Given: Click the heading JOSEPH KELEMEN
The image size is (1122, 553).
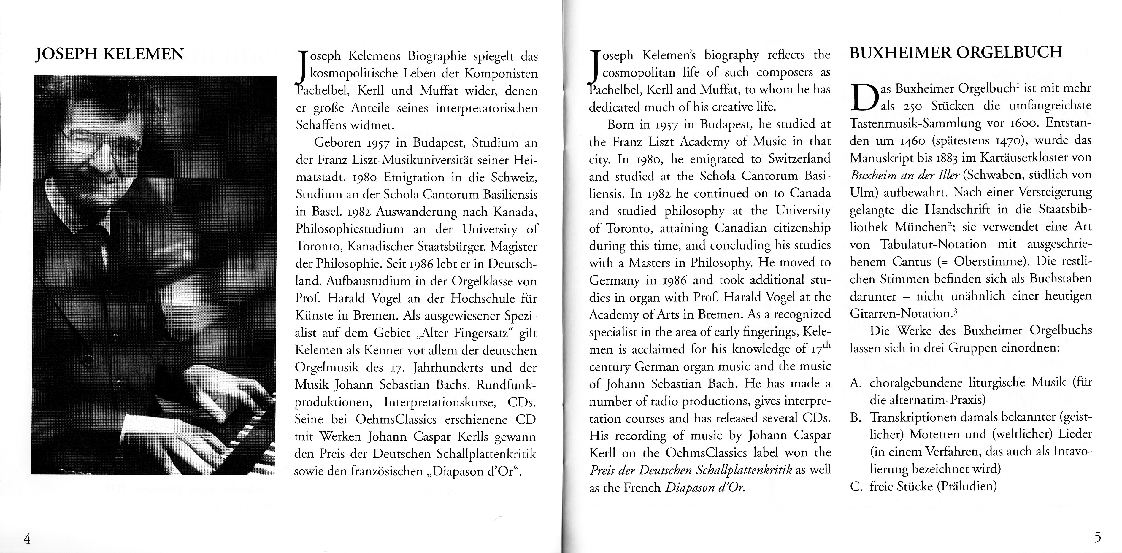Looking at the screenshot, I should point(109,54).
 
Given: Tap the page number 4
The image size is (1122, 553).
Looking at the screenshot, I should point(27,539).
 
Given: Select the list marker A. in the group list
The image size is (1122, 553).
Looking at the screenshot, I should point(856,383).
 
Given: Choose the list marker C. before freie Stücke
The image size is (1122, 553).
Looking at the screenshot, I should point(856,486).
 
